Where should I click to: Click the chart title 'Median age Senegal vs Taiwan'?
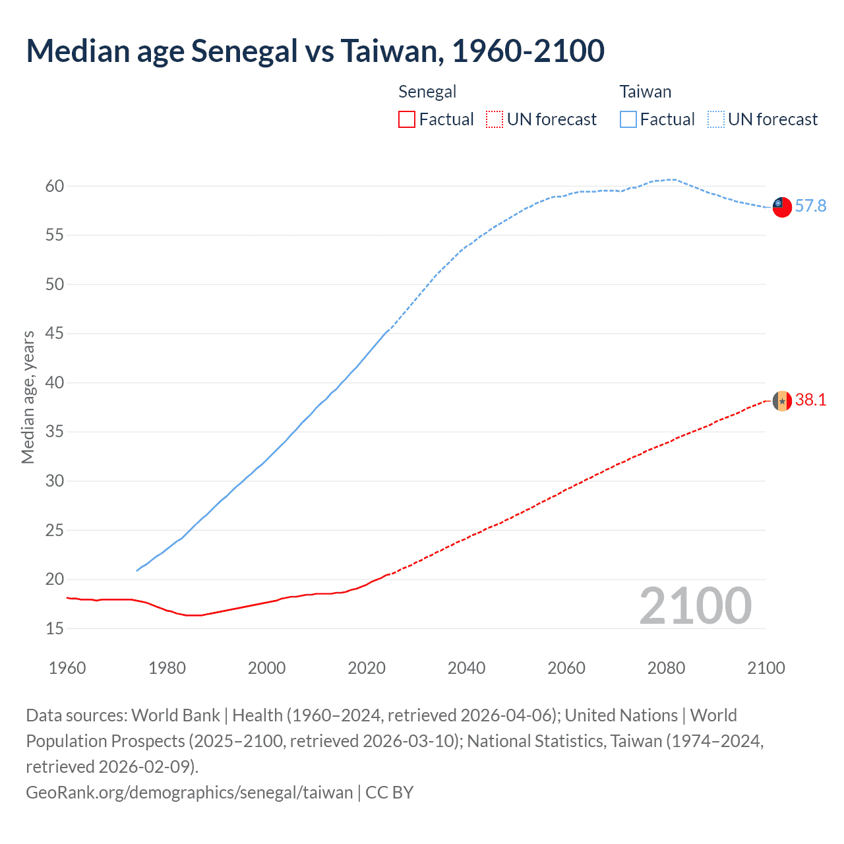click(315, 51)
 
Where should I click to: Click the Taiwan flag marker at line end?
click(782, 206)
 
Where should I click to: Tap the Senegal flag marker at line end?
click(782, 400)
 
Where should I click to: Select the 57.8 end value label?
click(810, 206)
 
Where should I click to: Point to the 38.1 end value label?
click(810, 400)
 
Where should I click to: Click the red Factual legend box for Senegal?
click(407, 119)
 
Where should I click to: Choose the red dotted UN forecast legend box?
click(495, 119)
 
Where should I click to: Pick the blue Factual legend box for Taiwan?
click(628, 119)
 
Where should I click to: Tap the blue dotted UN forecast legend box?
click(716, 119)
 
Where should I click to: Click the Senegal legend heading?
click(427, 92)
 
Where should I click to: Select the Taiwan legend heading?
click(645, 92)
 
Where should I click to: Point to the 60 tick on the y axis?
click(55, 187)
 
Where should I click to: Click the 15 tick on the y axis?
click(55, 629)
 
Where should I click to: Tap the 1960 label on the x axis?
click(67, 668)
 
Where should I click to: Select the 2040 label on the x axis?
click(466, 668)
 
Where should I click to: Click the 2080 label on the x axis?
click(666, 668)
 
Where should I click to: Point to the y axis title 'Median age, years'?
click(28, 398)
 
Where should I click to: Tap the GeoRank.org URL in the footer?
click(189, 792)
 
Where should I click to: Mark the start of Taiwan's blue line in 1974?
click(137, 570)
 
